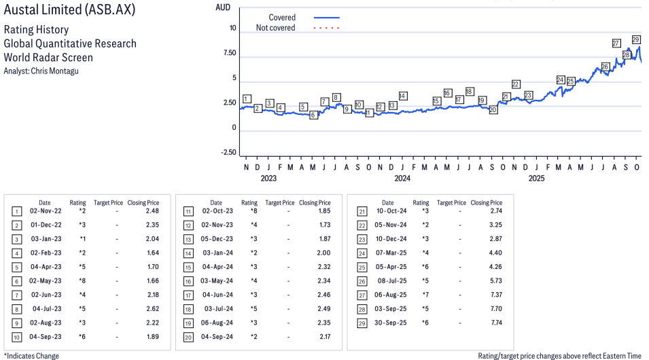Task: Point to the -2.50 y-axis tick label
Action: tap(228, 153)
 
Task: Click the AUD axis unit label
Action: tap(222, 7)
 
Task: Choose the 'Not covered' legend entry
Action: tap(275, 28)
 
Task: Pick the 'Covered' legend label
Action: tap(282, 18)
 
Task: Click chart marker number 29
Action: tap(636, 39)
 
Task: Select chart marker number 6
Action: tap(313, 115)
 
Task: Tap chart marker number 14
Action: tap(403, 96)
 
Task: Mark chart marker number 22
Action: tap(516, 84)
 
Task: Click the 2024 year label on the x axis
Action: tap(402, 179)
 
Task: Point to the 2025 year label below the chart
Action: tap(537, 179)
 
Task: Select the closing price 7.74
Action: tap(493, 323)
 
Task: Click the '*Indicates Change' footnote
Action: tap(31, 355)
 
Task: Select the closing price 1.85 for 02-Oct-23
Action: tap(321, 211)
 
